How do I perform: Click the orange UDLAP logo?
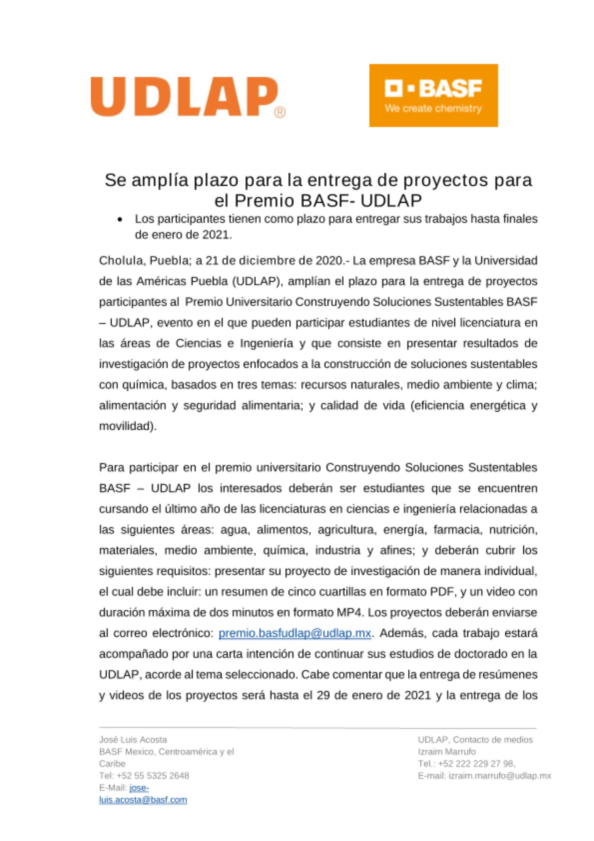click(184, 97)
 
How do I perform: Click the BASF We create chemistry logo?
click(433, 95)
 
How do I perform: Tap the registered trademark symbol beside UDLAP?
click(280, 112)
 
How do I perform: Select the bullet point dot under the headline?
click(121, 220)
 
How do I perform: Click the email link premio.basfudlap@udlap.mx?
click(294, 633)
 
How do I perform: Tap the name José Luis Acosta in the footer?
click(133, 740)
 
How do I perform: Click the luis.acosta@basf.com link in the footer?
click(143, 800)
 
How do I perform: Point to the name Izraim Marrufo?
click(447, 751)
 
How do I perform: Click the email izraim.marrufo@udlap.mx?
click(499, 776)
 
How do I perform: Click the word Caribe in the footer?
click(112, 764)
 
